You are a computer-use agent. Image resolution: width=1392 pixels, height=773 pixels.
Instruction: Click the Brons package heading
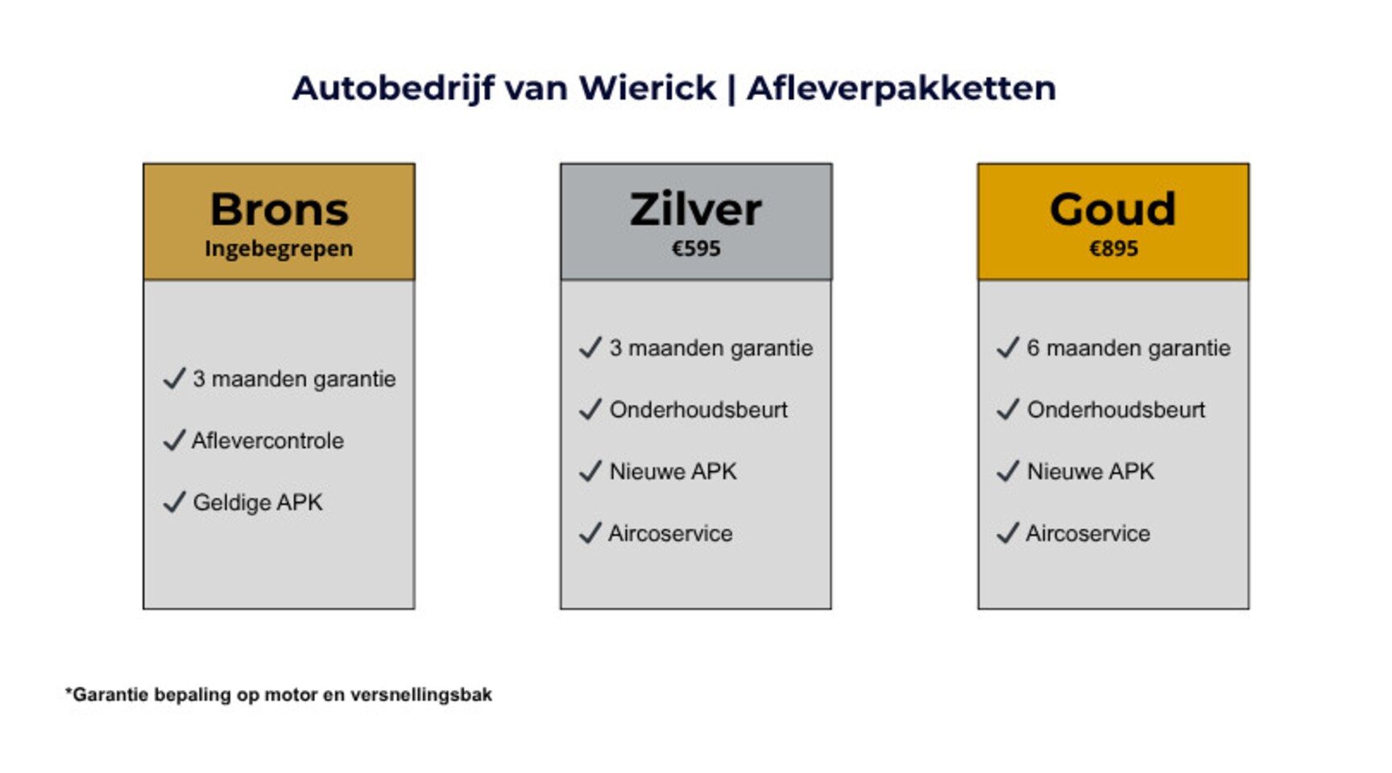click(279, 209)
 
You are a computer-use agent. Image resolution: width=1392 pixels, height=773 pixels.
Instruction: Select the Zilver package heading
click(696, 209)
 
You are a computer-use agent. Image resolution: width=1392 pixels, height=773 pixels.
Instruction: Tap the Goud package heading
click(1112, 209)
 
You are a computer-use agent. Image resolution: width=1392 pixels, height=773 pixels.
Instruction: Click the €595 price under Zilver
click(696, 249)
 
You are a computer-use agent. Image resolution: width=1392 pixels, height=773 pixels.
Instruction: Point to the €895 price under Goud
click(1113, 249)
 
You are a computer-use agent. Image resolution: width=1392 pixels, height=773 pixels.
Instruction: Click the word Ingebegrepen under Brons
click(279, 250)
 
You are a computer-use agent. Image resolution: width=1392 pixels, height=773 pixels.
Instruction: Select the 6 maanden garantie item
click(1129, 348)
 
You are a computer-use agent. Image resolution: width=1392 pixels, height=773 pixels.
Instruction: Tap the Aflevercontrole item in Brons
click(267, 440)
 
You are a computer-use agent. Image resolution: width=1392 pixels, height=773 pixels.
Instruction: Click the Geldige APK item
click(258, 502)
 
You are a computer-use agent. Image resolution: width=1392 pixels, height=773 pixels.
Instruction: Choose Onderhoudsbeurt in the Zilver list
click(698, 410)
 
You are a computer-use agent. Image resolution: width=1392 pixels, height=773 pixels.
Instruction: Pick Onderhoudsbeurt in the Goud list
click(1116, 410)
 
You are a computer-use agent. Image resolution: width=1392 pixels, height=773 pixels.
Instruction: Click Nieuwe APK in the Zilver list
click(673, 472)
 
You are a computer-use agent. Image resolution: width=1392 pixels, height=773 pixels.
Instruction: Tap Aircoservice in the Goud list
click(1087, 533)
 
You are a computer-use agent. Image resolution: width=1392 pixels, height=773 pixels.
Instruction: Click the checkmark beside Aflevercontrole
click(174, 440)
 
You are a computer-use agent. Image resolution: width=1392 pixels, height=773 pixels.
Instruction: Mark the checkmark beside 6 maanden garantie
click(1008, 348)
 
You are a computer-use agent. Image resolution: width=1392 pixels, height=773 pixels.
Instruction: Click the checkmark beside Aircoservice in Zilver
click(590, 533)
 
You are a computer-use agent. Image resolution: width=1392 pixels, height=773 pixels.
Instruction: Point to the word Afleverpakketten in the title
click(901, 88)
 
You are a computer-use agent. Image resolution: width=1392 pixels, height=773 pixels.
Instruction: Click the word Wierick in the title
click(647, 88)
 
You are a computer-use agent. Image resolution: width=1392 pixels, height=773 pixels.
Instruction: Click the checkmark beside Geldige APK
click(174, 502)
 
